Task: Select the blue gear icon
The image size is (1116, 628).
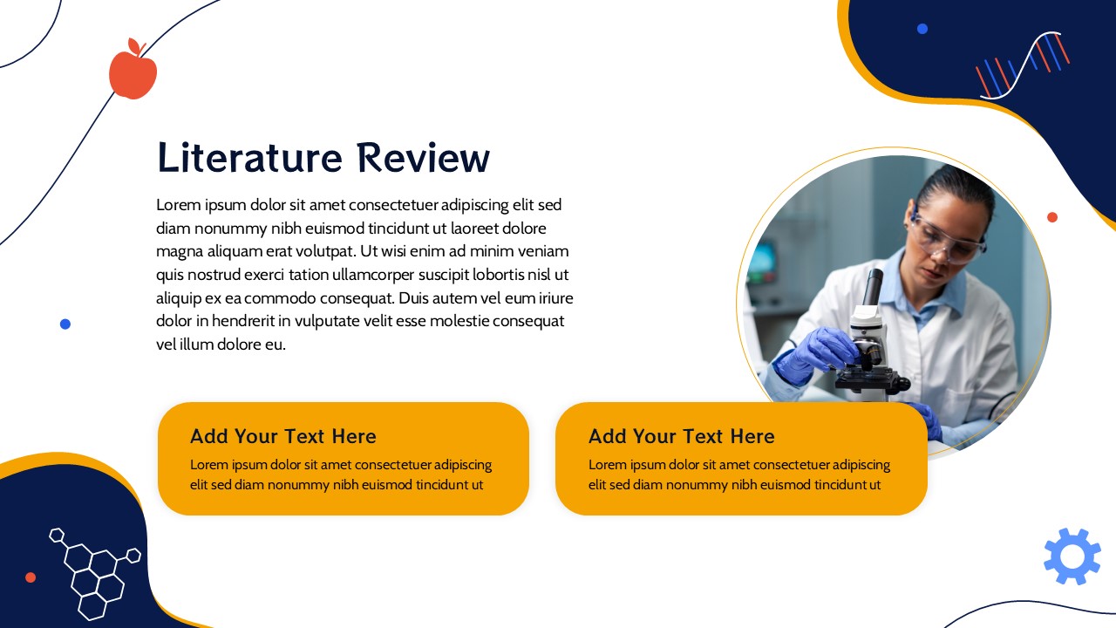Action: point(1072,556)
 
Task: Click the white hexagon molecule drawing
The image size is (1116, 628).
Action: point(95,573)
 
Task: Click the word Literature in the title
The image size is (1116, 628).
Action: point(249,158)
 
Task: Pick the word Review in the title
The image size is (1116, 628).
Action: point(423,158)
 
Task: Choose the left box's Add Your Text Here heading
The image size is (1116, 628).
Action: point(283,436)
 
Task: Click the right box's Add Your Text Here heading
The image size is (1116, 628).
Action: point(682,436)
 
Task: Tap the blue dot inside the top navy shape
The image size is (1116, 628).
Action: point(922,29)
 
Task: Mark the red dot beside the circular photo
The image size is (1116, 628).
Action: point(1052,217)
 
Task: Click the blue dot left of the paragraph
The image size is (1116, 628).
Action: point(65,324)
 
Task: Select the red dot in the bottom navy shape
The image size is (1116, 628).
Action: point(31,577)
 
